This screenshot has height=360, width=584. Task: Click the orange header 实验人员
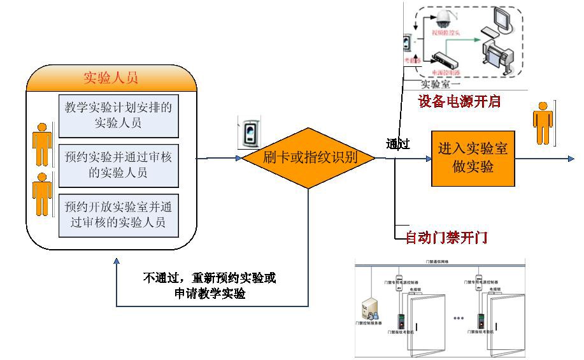tap(111, 78)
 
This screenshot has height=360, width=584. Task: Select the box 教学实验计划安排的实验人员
tap(118, 115)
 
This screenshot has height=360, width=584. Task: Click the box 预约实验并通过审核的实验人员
tap(118, 164)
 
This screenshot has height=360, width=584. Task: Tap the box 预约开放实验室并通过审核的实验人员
tap(118, 214)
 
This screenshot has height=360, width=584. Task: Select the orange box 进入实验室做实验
tap(473, 158)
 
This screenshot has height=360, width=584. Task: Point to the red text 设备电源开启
tap(459, 101)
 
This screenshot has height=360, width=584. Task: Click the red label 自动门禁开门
tap(447, 238)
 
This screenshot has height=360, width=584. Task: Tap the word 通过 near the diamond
tap(397, 143)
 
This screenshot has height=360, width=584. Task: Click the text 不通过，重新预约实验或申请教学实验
tap(210, 285)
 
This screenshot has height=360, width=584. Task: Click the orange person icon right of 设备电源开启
tap(543, 124)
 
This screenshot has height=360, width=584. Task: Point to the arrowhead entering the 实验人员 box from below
tap(117, 262)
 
